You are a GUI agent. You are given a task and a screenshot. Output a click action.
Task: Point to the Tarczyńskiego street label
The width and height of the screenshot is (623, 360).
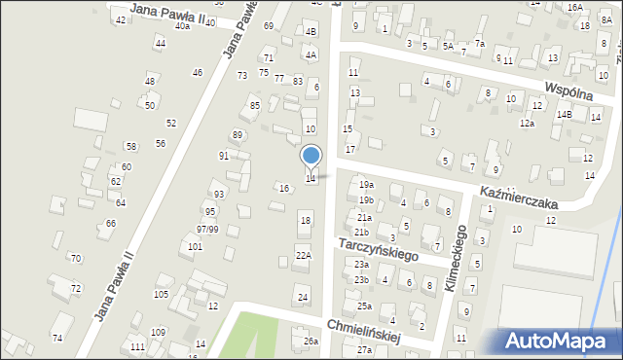point(378,248)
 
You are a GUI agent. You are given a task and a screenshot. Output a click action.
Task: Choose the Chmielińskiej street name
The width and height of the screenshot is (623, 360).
point(365,332)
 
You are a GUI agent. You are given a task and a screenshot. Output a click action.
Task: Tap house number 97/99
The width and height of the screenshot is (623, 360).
point(206,229)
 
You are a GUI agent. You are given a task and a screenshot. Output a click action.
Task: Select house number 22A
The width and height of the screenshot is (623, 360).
point(303,255)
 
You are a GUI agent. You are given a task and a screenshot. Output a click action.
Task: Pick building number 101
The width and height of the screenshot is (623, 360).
point(195,247)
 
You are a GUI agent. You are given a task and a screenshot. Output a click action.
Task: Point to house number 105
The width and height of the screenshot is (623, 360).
point(161,294)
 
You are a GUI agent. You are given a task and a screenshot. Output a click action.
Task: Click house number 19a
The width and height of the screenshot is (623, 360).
point(365,184)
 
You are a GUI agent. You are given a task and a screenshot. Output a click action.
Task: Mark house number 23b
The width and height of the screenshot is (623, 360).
point(361,280)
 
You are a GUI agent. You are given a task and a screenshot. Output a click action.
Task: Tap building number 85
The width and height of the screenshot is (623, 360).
point(255,105)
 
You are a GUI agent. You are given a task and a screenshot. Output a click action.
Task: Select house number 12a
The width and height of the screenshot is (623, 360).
point(527,124)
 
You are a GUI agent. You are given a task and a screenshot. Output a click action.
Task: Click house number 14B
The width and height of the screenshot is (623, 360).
point(564,114)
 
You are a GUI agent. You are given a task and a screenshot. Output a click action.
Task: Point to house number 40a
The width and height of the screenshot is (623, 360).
point(182,26)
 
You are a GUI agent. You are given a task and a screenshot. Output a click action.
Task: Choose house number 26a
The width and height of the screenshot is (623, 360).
point(311,342)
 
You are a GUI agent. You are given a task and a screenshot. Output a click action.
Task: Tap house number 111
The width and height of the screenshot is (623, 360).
point(138,347)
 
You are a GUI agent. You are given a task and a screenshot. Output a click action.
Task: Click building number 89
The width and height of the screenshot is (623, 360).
point(237,135)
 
